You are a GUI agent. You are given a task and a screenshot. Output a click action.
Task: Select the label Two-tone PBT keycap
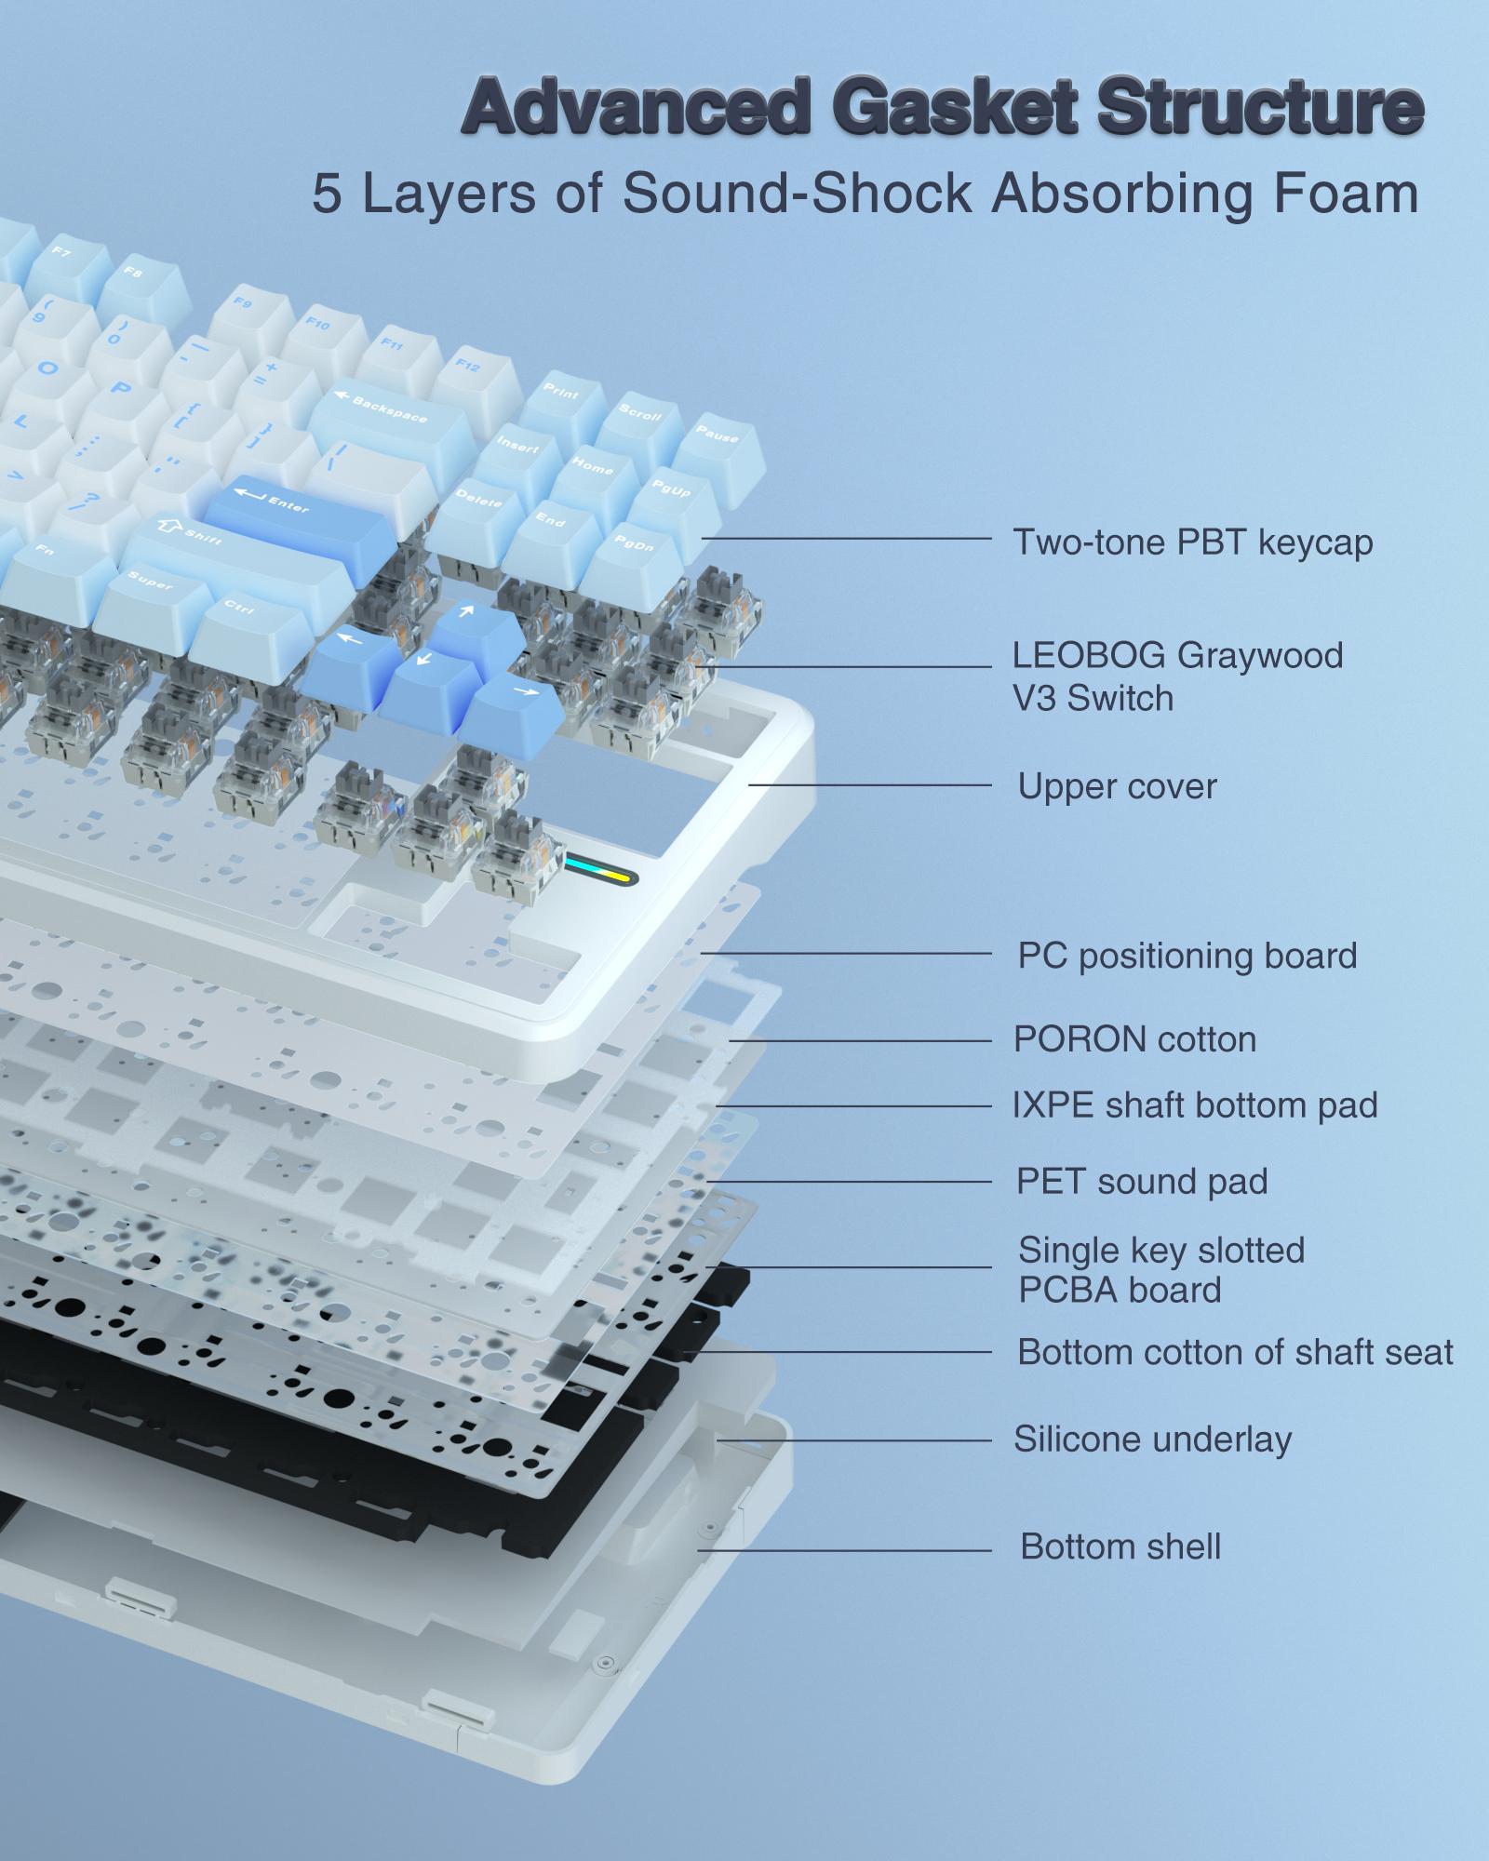pos(1192,542)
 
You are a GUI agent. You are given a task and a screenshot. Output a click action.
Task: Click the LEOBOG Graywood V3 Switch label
pos(1177,676)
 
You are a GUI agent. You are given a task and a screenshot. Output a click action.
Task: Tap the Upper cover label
pos(1117,786)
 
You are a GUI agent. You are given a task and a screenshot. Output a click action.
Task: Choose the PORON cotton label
pos(1134,1039)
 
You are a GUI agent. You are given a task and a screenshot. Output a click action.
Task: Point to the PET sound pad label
pos(1142,1181)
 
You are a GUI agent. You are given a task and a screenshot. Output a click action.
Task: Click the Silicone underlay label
pos(1153,1439)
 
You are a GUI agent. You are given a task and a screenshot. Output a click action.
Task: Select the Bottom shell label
pos(1120,1546)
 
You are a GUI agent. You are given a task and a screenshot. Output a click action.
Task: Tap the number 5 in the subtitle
pos(327,194)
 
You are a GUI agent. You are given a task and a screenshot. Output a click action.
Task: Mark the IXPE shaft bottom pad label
pos(1195,1105)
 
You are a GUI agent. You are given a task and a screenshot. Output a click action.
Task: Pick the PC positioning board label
pos(1187,956)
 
